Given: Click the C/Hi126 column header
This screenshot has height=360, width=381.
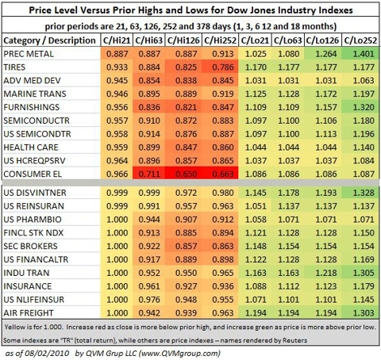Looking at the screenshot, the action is tap(183, 40).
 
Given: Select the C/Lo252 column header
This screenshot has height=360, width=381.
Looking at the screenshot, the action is tap(360, 40).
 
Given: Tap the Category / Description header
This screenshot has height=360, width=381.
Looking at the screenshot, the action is tap(49, 40).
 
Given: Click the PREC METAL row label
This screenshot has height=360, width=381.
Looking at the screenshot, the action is tap(29, 54).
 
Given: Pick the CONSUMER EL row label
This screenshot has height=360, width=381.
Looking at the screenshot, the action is tap(33, 174).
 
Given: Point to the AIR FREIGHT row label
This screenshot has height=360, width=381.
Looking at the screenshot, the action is tap(29, 313).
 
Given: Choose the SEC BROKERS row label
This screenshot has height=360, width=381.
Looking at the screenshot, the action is tap(30, 246).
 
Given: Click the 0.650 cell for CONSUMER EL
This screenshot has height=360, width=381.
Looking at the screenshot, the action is tap(186, 174).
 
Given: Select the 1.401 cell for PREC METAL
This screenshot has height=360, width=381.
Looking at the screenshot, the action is tap(364, 54).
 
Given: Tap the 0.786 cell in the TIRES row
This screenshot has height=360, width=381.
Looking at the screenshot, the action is tap(223, 67).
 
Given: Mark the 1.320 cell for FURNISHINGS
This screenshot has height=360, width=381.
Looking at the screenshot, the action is tap(364, 107).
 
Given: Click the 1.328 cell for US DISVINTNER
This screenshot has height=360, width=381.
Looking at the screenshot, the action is tap(364, 193).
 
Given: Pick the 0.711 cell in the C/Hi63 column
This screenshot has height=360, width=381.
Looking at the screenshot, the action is tap(149, 174).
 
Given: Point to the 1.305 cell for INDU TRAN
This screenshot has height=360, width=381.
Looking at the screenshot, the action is tap(364, 273).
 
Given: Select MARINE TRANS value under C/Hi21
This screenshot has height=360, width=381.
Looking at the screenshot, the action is tap(117, 94).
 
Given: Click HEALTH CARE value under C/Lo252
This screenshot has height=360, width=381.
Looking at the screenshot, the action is tap(364, 147).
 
